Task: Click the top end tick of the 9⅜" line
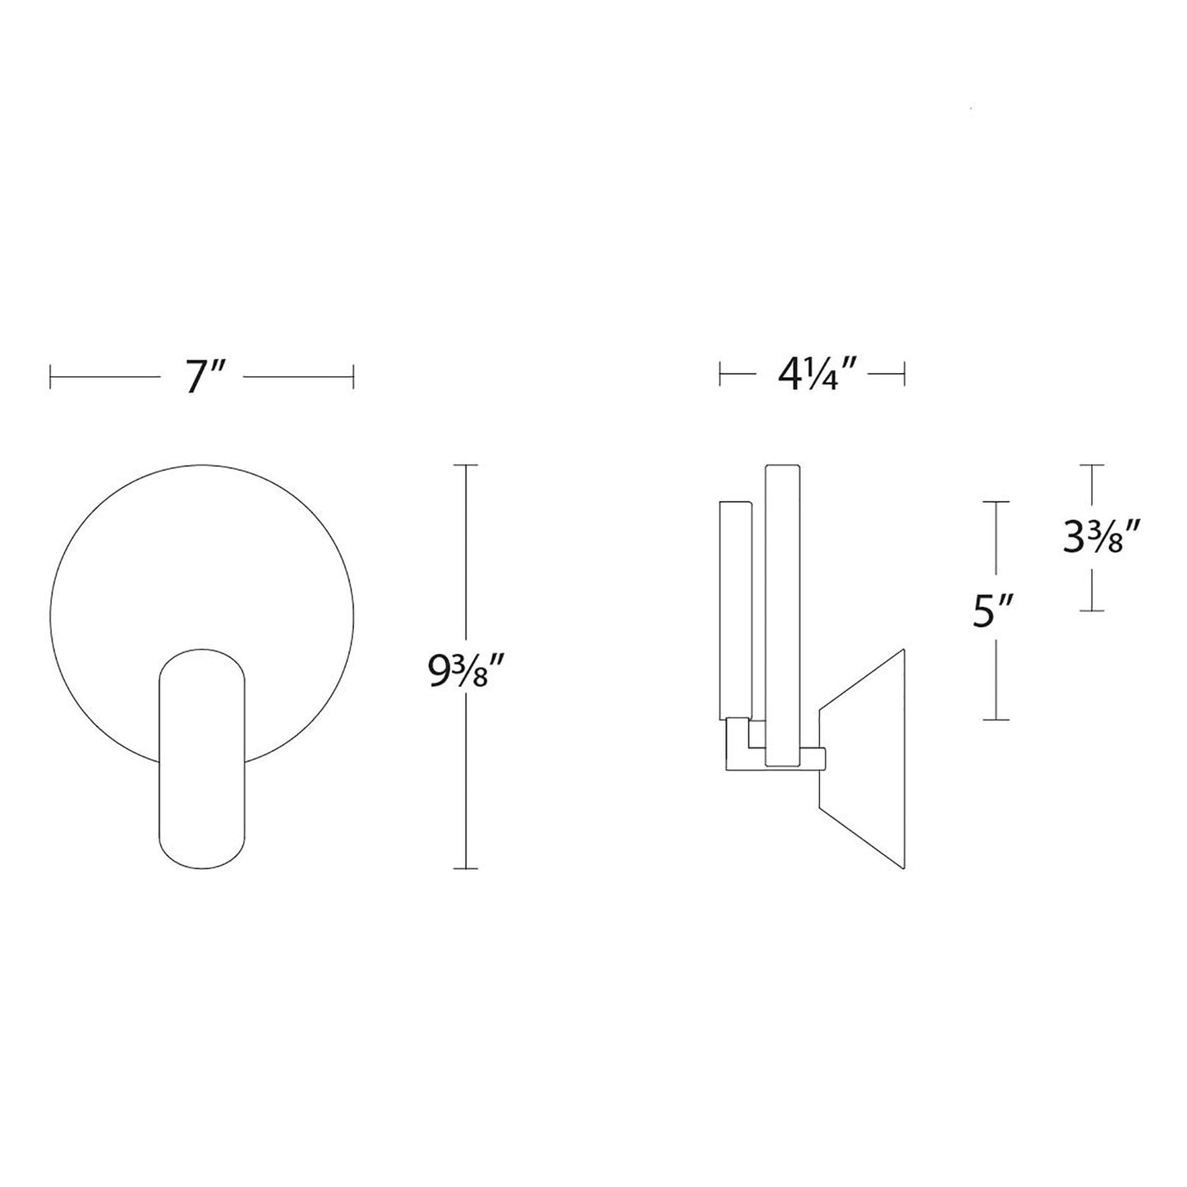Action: (x=467, y=465)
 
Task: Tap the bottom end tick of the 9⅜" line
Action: (x=467, y=868)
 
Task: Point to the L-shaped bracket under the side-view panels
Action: (x=739, y=743)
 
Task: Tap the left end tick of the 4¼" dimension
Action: (x=720, y=377)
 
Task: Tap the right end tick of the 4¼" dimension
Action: (x=904, y=377)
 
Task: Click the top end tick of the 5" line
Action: (x=996, y=501)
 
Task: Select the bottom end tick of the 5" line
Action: (x=996, y=720)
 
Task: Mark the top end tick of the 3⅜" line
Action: (x=1091, y=465)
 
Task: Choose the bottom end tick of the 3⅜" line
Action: (x=1091, y=610)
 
